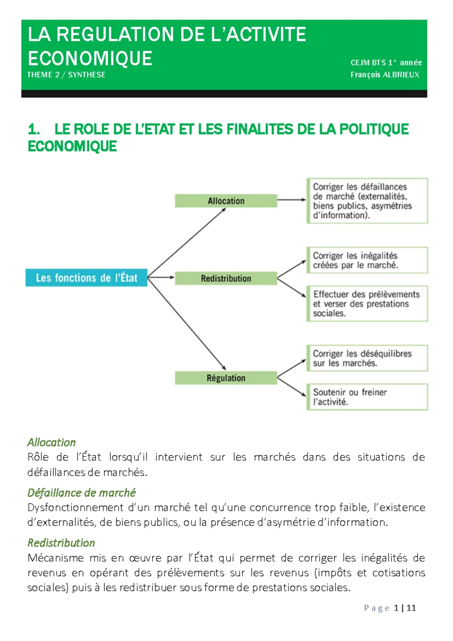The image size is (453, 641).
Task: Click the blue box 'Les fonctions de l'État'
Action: [x=86, y=278]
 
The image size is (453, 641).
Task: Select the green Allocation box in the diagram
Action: [x=226, y=201]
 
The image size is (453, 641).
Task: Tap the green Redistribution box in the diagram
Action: [x=226, y=278]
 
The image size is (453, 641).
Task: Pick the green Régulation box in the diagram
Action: [x=226, y=378]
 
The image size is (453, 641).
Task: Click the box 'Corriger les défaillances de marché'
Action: [x=367, y=201]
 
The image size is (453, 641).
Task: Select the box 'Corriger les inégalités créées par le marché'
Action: [x=367, y=260]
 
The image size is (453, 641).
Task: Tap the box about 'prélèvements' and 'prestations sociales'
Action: [x=367, y=303]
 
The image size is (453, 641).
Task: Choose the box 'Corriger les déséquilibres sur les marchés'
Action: [x=367, y=358]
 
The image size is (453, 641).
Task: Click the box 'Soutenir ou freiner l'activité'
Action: [x=367, y=397]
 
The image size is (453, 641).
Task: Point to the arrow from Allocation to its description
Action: [x=291, y=200]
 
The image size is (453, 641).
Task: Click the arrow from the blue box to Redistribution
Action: [x=161, y=277]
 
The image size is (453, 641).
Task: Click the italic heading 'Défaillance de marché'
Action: [x=82, y=492]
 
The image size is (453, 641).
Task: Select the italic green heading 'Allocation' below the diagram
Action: [x=52, y=442]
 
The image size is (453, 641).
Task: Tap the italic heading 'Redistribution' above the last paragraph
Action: [x=61, y=543]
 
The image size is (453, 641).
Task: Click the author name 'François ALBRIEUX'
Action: [x=385, y=75]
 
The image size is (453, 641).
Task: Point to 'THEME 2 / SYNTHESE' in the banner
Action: [x=66, y=75]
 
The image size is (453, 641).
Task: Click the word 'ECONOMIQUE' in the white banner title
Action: [x=90, y=59]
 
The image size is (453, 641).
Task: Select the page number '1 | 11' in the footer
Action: [x=405, y=608]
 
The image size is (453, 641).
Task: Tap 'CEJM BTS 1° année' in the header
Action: [x=386, y=63]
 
